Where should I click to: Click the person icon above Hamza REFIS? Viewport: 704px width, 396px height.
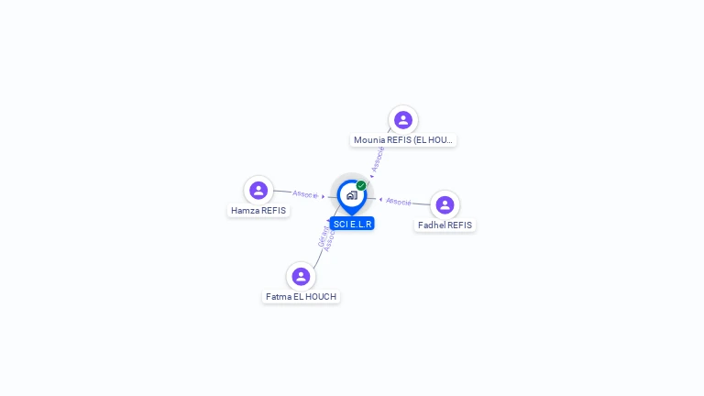tap(258, 190)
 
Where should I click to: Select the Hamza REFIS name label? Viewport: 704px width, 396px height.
tap(258, 211)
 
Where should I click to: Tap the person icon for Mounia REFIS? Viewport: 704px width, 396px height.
tap(403, 120)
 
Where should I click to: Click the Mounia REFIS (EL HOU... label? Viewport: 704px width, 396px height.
tap(403, 140)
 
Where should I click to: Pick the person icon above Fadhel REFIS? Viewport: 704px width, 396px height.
tap(445, 204)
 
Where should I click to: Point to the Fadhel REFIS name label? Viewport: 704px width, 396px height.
tap(445, 225)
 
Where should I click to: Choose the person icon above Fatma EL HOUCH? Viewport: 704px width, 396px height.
tap(301, 276)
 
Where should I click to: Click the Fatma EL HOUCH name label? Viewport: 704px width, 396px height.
tap(301, 297)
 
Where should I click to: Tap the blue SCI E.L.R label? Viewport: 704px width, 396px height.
tap(353, 224)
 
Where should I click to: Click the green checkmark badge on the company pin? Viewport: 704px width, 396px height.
tap(361, 185)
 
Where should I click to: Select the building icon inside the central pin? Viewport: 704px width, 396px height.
tap(351, 195)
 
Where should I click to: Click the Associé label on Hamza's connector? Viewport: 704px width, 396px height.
tap(304, 194)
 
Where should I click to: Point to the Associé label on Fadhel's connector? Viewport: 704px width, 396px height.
tap(399, 201)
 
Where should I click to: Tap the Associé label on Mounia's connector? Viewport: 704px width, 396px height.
tap(378, 159)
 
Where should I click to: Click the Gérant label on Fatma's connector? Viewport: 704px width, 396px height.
tap(322, 236)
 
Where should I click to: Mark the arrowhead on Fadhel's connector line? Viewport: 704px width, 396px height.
tap(380, 199)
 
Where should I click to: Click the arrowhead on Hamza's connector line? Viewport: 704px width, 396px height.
tap(324, 196)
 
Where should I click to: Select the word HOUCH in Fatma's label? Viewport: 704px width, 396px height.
tap(321, 297)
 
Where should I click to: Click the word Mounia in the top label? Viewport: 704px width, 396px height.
tap(369, 140)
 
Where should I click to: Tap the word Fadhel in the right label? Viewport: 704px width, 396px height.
tap(432, 225)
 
